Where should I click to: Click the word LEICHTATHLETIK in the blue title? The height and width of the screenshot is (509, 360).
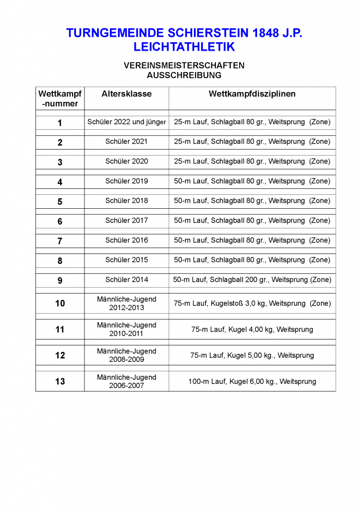(184, 47)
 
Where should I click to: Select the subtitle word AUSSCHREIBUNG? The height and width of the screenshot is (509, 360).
(184, 75)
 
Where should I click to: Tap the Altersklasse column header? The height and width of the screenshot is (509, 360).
(126, 94)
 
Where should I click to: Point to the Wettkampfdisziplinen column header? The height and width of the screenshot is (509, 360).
(252, 94)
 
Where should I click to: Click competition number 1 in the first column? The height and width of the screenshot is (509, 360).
(60, 123)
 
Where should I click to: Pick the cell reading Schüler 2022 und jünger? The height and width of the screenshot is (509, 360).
(126, 122)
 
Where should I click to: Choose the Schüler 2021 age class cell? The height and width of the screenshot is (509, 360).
(126, 142)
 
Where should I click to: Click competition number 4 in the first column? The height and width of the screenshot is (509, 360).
(60, 182)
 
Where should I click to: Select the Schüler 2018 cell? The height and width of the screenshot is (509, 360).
(126, 201)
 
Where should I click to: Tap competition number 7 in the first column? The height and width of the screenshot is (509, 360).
(60, 241)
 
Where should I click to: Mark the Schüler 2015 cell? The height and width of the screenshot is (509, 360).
(126, 260)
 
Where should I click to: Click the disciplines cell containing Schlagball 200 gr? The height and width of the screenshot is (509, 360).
(252, 280)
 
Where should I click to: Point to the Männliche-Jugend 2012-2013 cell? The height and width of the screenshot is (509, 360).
(126, 303)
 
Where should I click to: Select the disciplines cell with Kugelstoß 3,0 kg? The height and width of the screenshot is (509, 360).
(252, 303)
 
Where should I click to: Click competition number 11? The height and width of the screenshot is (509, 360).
(60, 329)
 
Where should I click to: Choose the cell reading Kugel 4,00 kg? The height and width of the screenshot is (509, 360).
(252, 329)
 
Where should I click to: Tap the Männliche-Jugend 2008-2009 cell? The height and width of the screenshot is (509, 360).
(126, 355)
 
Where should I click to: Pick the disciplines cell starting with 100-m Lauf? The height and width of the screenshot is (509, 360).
(252, 381)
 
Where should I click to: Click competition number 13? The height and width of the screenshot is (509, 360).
(60, 381)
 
